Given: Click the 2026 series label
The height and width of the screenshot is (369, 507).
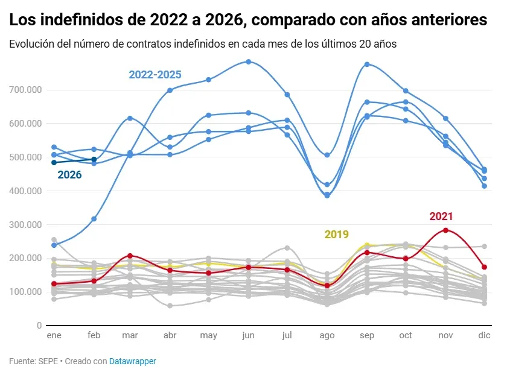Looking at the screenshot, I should tap(69, 175).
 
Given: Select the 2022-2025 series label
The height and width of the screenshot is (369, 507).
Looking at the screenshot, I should tap(155, 75).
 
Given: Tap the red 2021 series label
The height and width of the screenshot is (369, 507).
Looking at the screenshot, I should tap(441, 216).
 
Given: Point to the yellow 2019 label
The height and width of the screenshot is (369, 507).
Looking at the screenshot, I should tap(337, 235).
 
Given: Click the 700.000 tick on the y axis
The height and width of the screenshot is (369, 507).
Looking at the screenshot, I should tap(25, 90).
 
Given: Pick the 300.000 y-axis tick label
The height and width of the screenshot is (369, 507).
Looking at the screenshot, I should tap(25, 225).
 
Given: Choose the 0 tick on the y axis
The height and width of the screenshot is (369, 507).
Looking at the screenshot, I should tap(39, 326).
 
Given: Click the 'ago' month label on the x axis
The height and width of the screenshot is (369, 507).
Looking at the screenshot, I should tap(327, 335).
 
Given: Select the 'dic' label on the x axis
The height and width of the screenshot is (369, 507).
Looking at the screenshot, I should tap(484, 335).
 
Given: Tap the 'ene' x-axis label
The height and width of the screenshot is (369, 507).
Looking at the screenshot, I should tap(54, 335).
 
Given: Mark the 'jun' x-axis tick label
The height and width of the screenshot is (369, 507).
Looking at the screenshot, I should tap(249, 335).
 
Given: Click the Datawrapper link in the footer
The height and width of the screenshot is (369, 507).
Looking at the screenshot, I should tap(133, 361).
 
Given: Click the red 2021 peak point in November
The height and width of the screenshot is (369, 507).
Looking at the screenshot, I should tap(445, 230).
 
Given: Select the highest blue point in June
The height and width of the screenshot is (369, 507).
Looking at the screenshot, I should tap(249, 61).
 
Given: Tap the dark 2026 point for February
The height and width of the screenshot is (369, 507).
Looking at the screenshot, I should tap(94, 159).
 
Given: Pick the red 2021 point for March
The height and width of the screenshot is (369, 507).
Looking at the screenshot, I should tap(130, 256).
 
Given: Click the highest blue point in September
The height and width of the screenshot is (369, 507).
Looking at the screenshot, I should tap(367, 64).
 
